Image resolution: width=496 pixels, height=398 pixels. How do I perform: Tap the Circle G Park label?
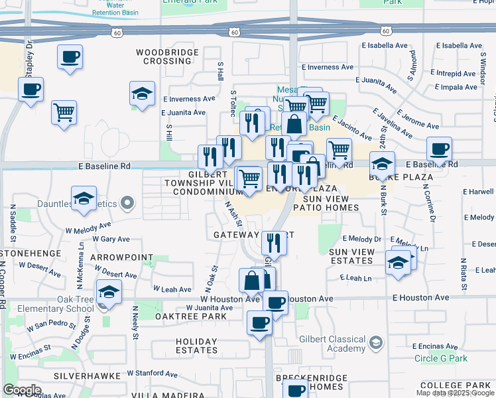tap(441, 359)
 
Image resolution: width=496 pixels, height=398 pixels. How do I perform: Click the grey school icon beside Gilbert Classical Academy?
tap(376, 343)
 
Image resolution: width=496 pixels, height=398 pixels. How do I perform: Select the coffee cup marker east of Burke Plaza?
tap(439, 149)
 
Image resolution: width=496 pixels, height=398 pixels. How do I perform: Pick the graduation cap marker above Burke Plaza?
tap(383, 163)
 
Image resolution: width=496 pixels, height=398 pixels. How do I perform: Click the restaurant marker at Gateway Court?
tap(274, 242)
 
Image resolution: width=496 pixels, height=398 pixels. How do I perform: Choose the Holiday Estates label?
tap(197, 346)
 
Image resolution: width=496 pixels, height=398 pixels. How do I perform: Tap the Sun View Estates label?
tap(352, 257)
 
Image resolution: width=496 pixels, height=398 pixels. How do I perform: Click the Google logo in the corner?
tap(22, 390)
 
